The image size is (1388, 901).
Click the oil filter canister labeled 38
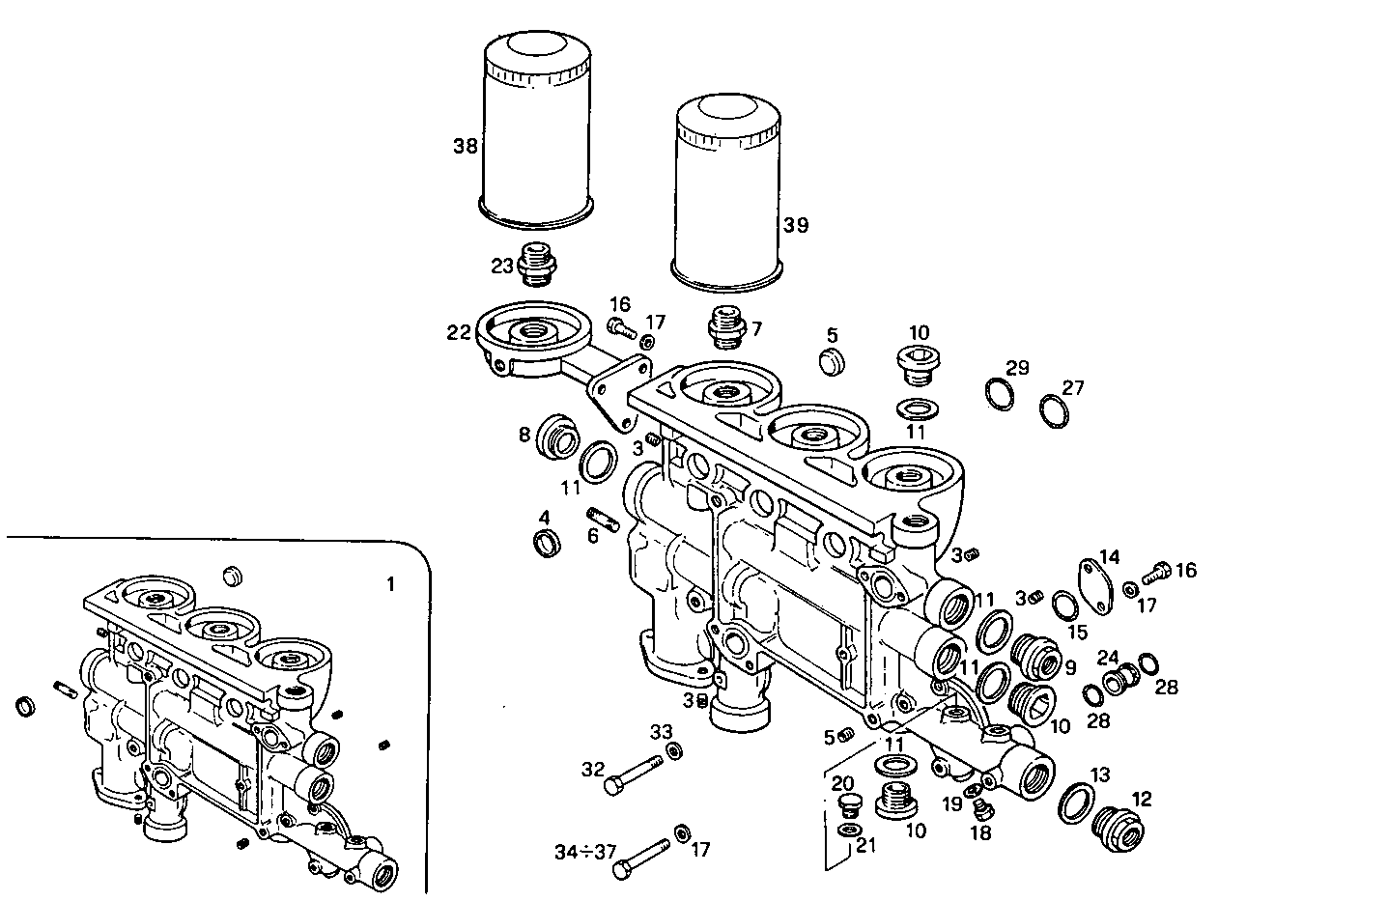pos(536,130)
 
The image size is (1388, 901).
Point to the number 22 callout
pos(459,333)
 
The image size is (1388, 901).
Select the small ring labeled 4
pos(548,542)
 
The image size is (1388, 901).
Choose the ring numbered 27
pos(1054,409)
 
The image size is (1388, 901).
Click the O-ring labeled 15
pos(1064,605)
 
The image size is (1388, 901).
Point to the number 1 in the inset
pos(390,584)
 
